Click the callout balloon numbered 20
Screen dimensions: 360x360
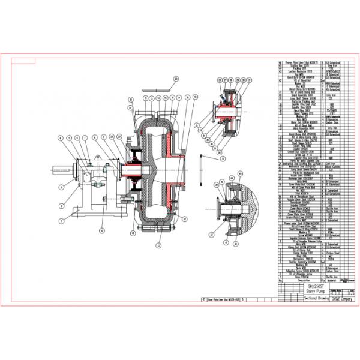click(x=176, y=79)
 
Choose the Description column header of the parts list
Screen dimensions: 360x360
click(x=300, y=279)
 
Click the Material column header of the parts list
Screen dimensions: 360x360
click(x=332, y=279)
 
